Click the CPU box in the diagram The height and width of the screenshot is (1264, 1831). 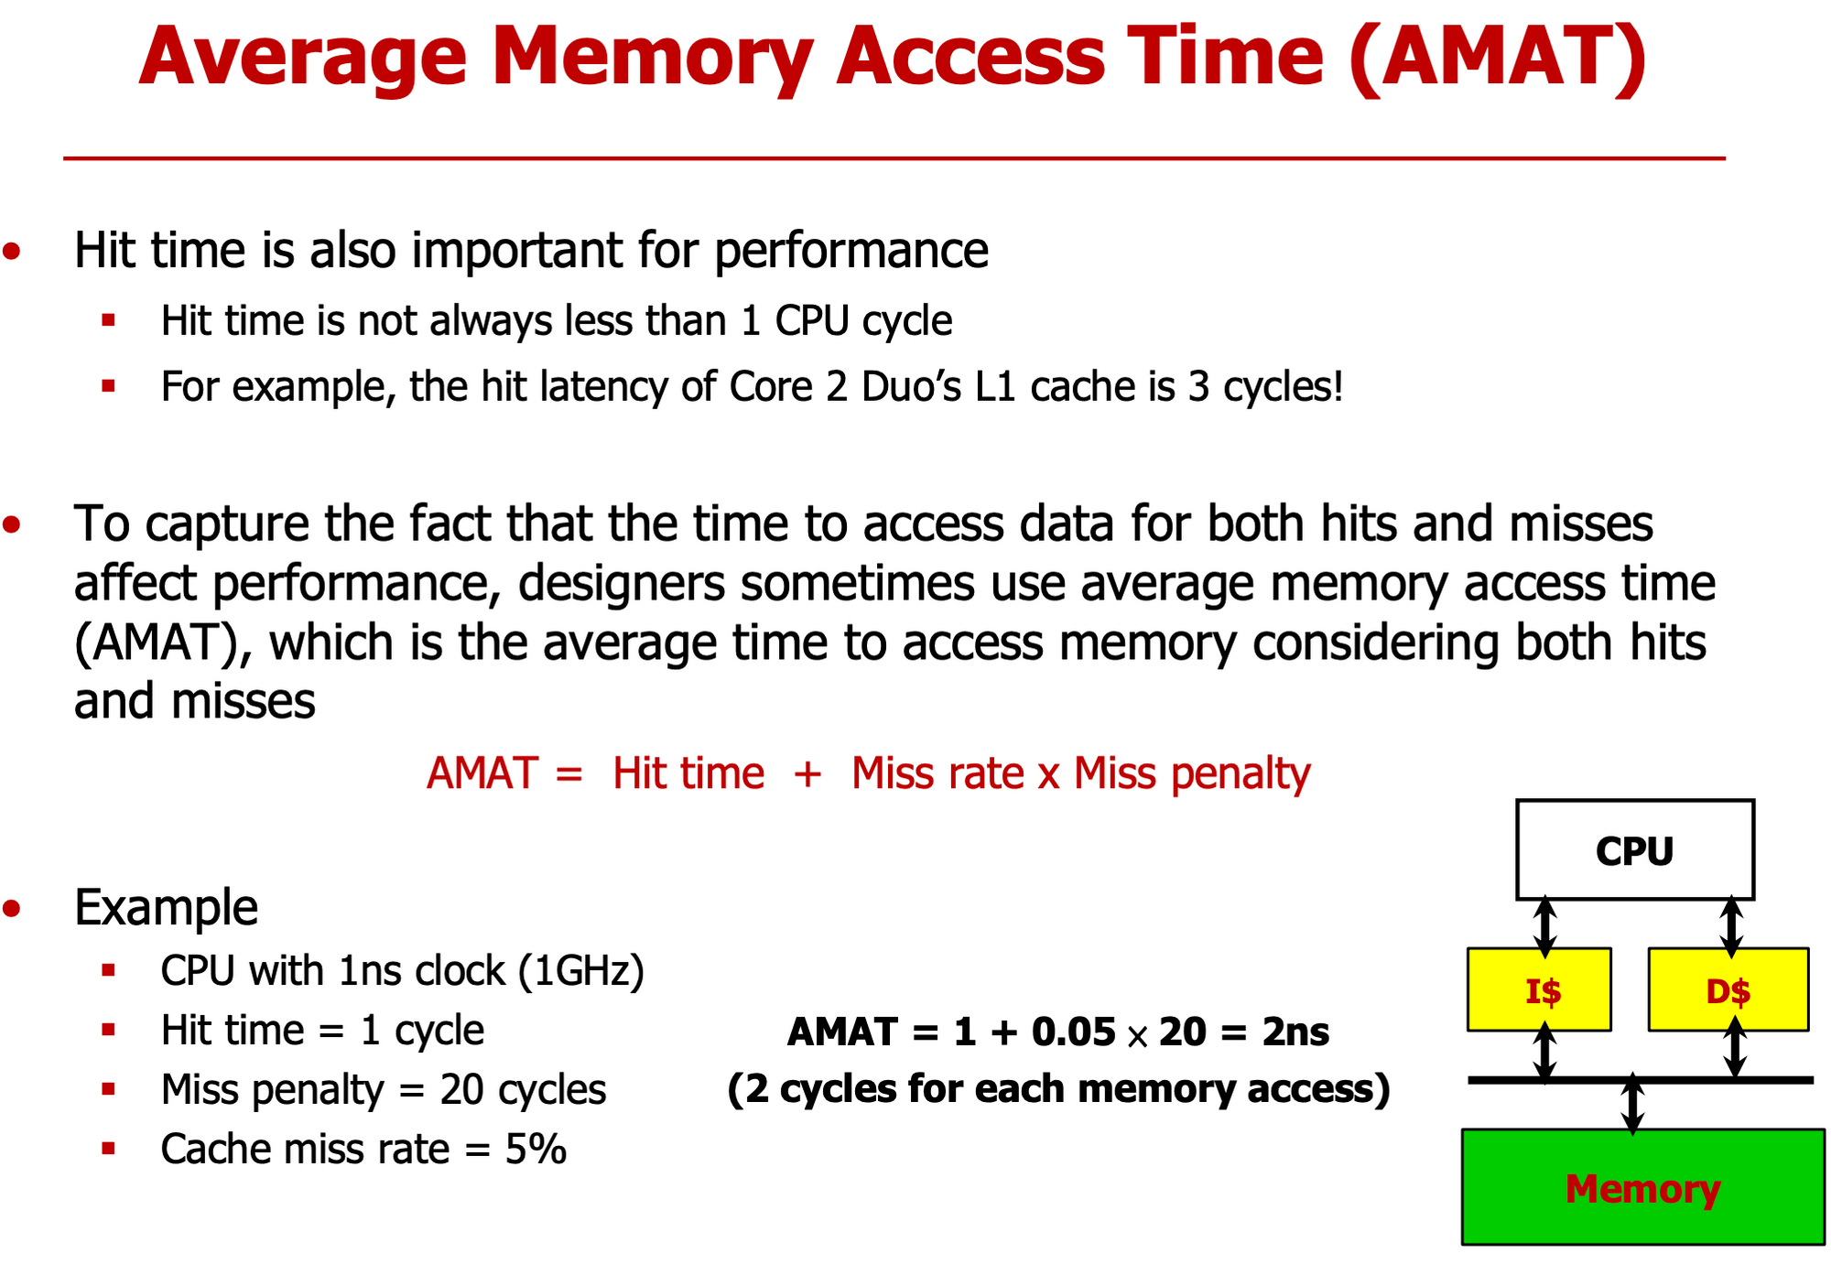pyautogui.click(x=1634, y=850)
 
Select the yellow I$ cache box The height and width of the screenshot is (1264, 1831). pyautogui.click(x=1539, y=990)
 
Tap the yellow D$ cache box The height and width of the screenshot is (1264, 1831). pyautogui.click(x=1728, y=990)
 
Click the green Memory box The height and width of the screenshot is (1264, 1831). pyautogui.click(x=1642, y=1187)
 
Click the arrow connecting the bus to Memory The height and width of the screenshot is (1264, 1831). pyautogui.click(x=1632, y=1105)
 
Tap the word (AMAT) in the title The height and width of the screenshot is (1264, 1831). pyautogui.click(x=1498, y=57)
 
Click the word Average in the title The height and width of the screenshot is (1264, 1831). pyautogui.click(x=303, y=57)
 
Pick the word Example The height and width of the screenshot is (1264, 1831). pyautogui.click(x=166, y=907)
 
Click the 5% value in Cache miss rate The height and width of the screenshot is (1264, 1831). pyautogui.click(x=536, y=1149)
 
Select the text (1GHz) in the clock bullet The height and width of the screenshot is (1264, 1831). pyautogui.click(x=581, y=970)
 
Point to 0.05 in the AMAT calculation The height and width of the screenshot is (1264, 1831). pyautogui.click(x=1073, y=1032)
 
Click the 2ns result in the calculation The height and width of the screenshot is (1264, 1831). pyautogui.click(x=1295, y=1032)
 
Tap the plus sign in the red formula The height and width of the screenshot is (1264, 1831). pyautogui.click(x=807, y=774)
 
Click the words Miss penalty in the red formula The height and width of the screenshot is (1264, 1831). pyautogui.click(x=1192, y=774)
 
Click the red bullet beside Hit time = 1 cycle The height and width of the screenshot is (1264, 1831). pyautogui.click(x=109, y=1031)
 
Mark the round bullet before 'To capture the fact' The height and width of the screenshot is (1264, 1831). pyautogui.click(x=12, y=524)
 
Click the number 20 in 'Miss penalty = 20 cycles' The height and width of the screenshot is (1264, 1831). pyautogui.click(x=461, y=1090)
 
